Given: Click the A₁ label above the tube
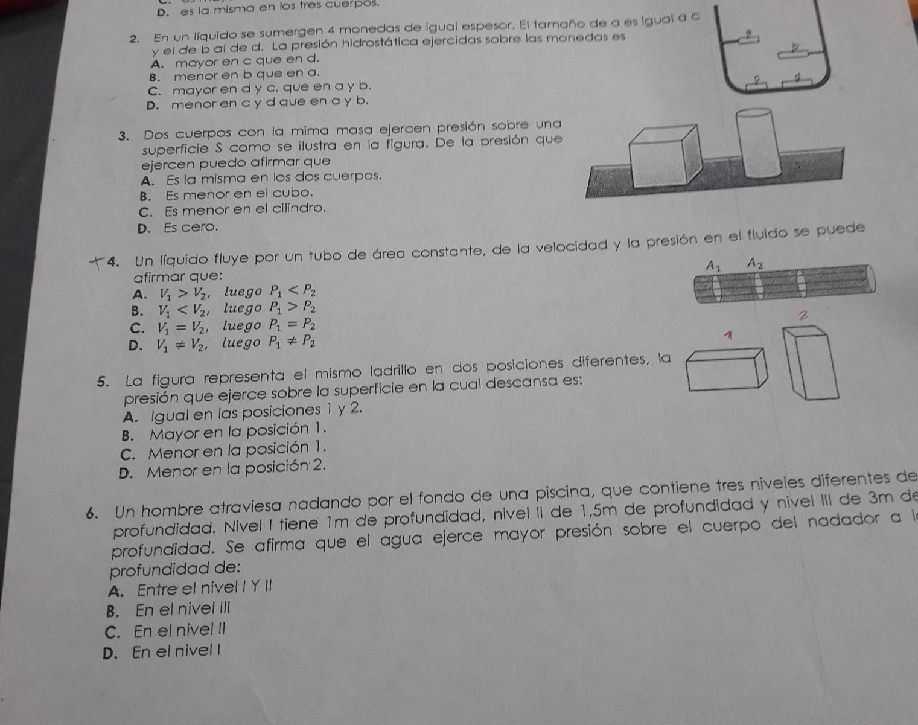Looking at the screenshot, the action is (x=713, y=266).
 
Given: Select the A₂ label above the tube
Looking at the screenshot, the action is (x=755, y=263).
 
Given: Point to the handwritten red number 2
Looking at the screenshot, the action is (x=804, y=316).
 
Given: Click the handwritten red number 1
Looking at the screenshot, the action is (x=730, y=336).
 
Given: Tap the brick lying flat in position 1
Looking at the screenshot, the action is (x=727, y=369).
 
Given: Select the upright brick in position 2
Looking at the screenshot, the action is (x=811, y=362).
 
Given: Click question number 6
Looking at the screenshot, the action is (x=91, y=514).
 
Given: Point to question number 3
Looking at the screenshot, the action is (x=124, y=136).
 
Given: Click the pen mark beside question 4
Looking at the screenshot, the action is (x=97, y=263).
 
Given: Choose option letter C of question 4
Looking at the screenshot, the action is (x=137, y=328).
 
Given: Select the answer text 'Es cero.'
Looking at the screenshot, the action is (x=191, y=227).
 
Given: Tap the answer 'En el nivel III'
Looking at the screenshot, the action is (x=183, y=610).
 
